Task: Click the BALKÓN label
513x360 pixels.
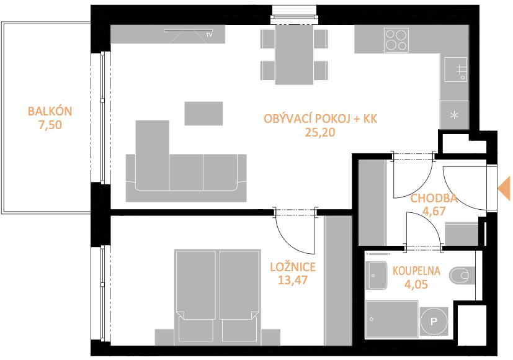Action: coord(50,112)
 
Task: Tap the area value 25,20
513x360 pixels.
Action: coord(320,133)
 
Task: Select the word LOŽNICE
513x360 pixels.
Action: coord(293,267)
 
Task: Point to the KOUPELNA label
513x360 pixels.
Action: coord(416,271)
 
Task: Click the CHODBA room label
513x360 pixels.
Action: coord(434,199)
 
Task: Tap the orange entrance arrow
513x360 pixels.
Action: coord(504,188)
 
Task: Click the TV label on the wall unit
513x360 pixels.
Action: coord(209,34)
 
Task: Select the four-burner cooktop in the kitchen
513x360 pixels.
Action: coord(396,40)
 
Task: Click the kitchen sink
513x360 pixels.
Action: coord(455,70)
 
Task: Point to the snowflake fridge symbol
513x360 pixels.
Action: coord(455,115)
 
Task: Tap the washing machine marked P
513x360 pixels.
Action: coord(434,322)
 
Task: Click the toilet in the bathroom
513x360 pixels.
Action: coord(462,276)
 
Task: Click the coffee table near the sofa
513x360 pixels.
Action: coord(203,113)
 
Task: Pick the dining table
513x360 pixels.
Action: coord(294,55)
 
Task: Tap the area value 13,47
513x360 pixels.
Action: coord(293,280)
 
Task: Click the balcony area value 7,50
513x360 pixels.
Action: coord(50,125)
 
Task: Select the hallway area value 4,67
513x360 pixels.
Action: coord(434,211)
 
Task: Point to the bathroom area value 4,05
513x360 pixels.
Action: coord(416,284)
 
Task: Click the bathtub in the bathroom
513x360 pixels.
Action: coord(392,319)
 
